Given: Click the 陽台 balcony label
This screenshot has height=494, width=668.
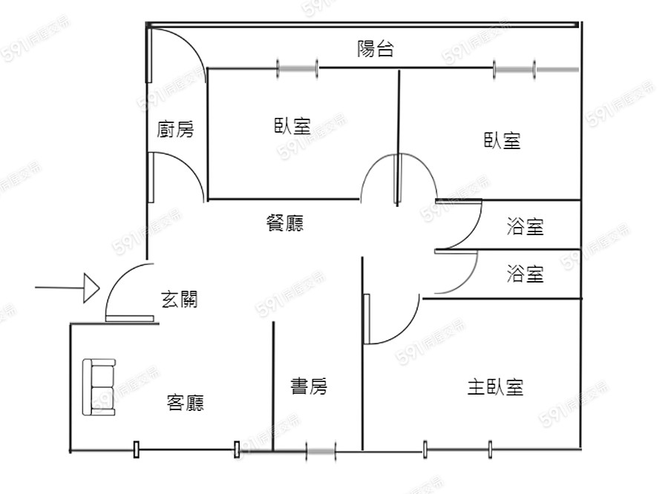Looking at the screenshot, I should point(375,50).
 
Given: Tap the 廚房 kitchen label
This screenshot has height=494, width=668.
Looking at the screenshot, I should point(176,130).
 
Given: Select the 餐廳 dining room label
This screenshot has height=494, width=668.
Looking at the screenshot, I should point(284,223).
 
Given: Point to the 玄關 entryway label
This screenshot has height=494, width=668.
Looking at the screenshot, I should point(179,300).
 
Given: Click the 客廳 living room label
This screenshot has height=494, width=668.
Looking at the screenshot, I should point(186,403).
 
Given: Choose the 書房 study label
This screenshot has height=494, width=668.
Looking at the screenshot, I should point(308,386).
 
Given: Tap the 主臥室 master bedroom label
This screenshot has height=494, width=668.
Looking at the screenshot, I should point(495,386).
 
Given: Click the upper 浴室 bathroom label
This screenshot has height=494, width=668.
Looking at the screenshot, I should point(525,227).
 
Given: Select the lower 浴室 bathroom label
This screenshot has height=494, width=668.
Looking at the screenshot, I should point(525,274).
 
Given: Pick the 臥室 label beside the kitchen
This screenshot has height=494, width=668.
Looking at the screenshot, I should point(292,126).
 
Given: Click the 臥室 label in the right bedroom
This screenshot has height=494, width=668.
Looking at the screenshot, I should point(502,140).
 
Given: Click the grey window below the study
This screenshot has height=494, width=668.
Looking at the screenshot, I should point(321,449).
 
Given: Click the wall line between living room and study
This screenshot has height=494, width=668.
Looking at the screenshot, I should point(274,386).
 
